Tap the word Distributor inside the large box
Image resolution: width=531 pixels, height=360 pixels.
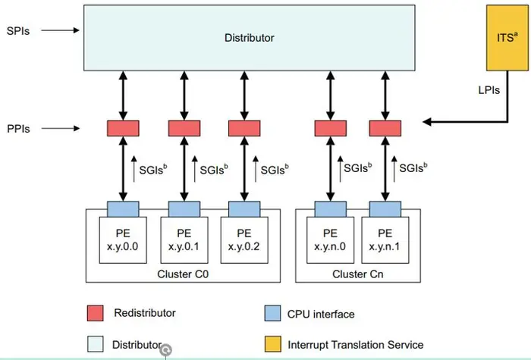pyautogui.click(x=250, y=37)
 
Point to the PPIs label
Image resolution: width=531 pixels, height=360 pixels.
pyautogui.click(x=18, y=129)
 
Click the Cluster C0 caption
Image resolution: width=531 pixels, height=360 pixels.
pyautogui.click(x=183, y=274)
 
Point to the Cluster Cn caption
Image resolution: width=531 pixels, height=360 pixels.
pyautogui.click(x=358, y=274)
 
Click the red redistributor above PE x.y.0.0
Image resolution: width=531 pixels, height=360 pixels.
pyautogui.click(x=123, y=128)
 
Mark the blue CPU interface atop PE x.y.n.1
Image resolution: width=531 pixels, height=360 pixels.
pyautogui.click(x=385, y=208)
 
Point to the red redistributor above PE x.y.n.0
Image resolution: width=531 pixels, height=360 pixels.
pyautogui.click(x=330, y=128)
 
